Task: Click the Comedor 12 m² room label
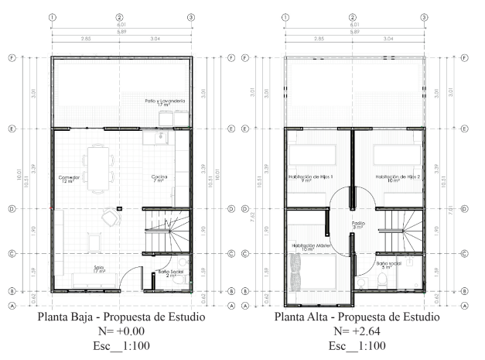pos(69,179)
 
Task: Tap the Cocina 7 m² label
pos(160,179)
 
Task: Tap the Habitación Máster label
pos(308,247)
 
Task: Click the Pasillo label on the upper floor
pos(358,225)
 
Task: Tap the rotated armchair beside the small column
pos(108,218)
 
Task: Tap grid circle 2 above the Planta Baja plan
pos(120,16)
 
